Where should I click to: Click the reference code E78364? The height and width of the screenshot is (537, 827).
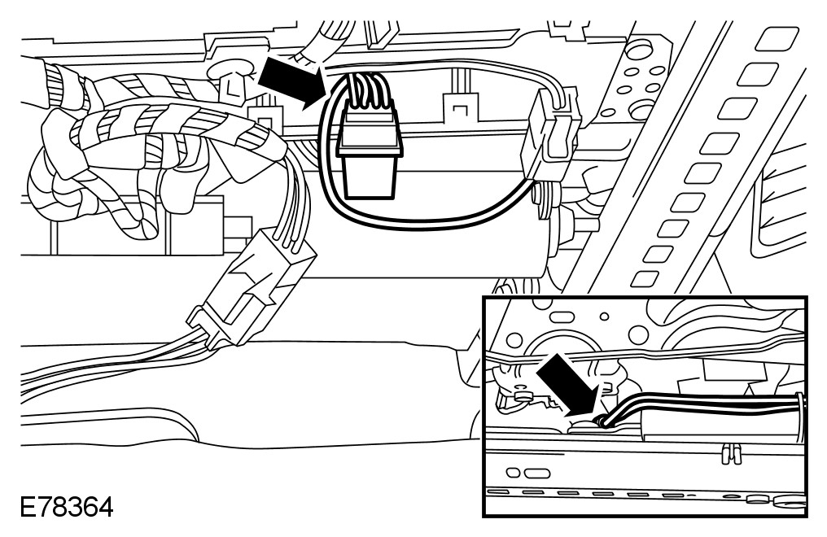(58, 509)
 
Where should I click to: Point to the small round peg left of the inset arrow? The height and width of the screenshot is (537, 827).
(523, 395)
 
